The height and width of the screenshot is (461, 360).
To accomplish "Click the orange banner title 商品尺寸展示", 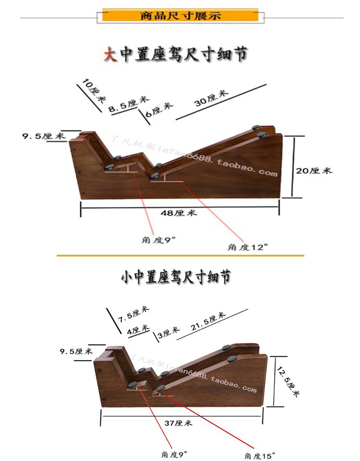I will pyautogui.click(x=180, y=16).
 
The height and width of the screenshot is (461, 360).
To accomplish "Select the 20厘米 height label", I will pyautogui.click(x=313, y=170).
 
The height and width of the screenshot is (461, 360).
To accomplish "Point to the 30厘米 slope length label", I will pyautogui.click(x=211, y=97).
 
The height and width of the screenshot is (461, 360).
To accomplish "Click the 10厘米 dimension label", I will pyautogui.click(x=94, y=91).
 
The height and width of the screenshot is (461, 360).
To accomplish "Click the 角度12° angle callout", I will pyautogui.click(x=248, y=247).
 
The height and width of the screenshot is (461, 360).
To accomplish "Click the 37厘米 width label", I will pyautogui.click(x=178, y=423).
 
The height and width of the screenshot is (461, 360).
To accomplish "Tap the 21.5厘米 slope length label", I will pyautogui.click(x=208, y=323).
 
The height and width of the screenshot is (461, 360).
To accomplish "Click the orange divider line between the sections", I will pyautogui.click(x=180, y=255).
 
